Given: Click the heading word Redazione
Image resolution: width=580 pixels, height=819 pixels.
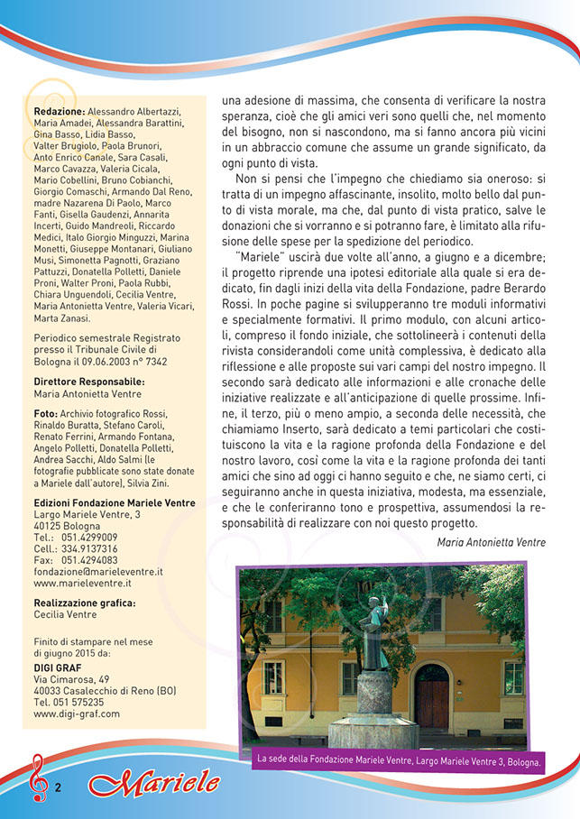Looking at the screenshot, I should [x=60, y=111].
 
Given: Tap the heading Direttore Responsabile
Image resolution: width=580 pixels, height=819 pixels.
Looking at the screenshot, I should [x=89, y=382].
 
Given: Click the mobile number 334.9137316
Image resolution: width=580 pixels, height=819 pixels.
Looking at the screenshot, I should [x=89, y=548].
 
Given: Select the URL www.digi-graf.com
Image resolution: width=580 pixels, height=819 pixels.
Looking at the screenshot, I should [x=77, y=713].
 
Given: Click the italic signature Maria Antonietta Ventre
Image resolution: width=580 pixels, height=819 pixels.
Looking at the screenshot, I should [x=492, y=542].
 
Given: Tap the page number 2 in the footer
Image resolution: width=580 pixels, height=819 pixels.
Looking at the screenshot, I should [x=57, y=787].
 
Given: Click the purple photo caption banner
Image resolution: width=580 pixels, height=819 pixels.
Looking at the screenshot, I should [x=399, y=760].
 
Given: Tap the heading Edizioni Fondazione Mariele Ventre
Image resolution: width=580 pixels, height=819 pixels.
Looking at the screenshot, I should [x=114, y=502].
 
